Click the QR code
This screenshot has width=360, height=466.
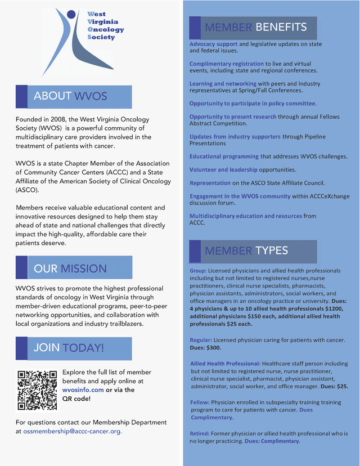point(37,389)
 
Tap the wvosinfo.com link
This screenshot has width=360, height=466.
point(83,389)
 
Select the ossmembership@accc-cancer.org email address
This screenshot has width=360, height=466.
point(72,431)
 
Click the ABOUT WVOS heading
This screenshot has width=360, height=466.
point(70,96)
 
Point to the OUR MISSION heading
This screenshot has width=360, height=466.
point(70,268)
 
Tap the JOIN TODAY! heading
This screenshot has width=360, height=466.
point(69,348)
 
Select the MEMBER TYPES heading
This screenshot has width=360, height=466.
point(246,250)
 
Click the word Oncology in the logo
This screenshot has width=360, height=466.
point(106,29)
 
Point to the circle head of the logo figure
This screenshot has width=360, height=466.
point(71,14)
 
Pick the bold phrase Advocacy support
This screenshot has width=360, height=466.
point(213,44)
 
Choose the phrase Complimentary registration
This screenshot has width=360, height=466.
point(226,64)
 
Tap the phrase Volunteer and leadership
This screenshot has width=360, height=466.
point(223,169)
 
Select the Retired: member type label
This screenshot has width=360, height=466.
point(200,434)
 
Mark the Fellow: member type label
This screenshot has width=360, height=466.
point(200,402)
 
